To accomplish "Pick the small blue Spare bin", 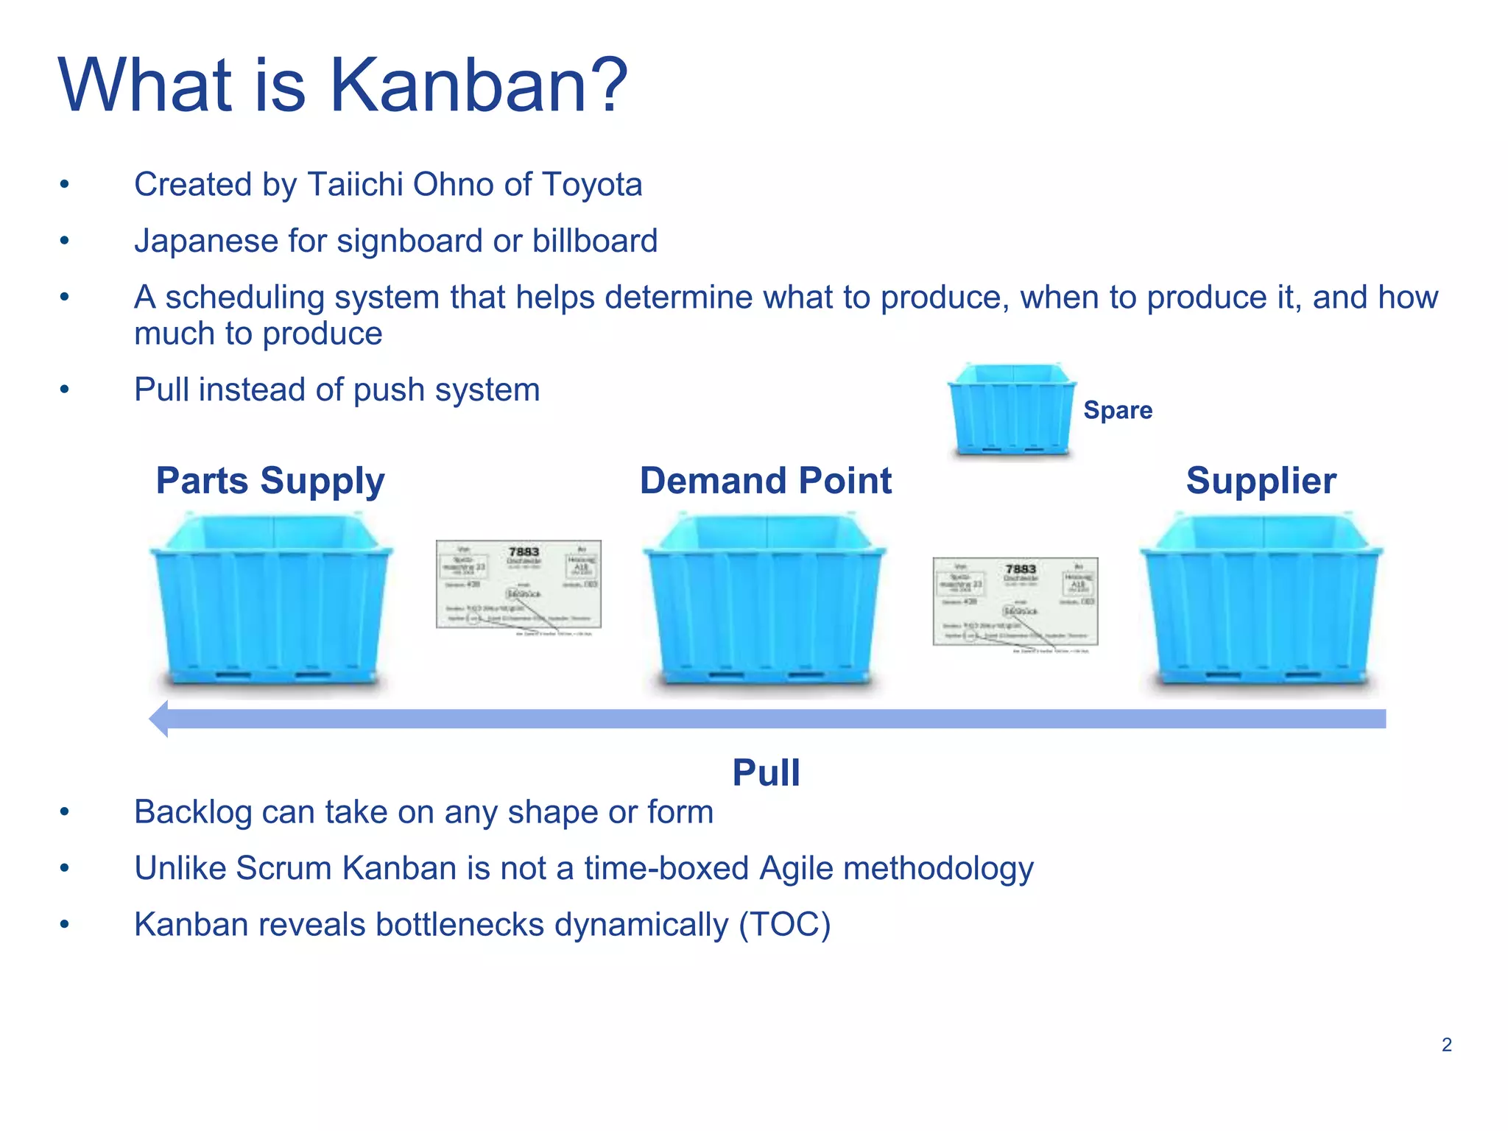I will pos(1012,409).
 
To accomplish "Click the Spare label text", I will pos(1118,410).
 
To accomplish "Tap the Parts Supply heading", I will pos(270,481).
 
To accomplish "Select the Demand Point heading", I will pos(766,481).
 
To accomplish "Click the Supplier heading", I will pos(1261,481).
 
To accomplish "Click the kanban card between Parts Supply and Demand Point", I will pos(518,584).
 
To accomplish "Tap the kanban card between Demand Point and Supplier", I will pos(1015,602).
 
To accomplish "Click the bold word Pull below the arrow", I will pos(766,772).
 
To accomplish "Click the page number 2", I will pos(1446,1045).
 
